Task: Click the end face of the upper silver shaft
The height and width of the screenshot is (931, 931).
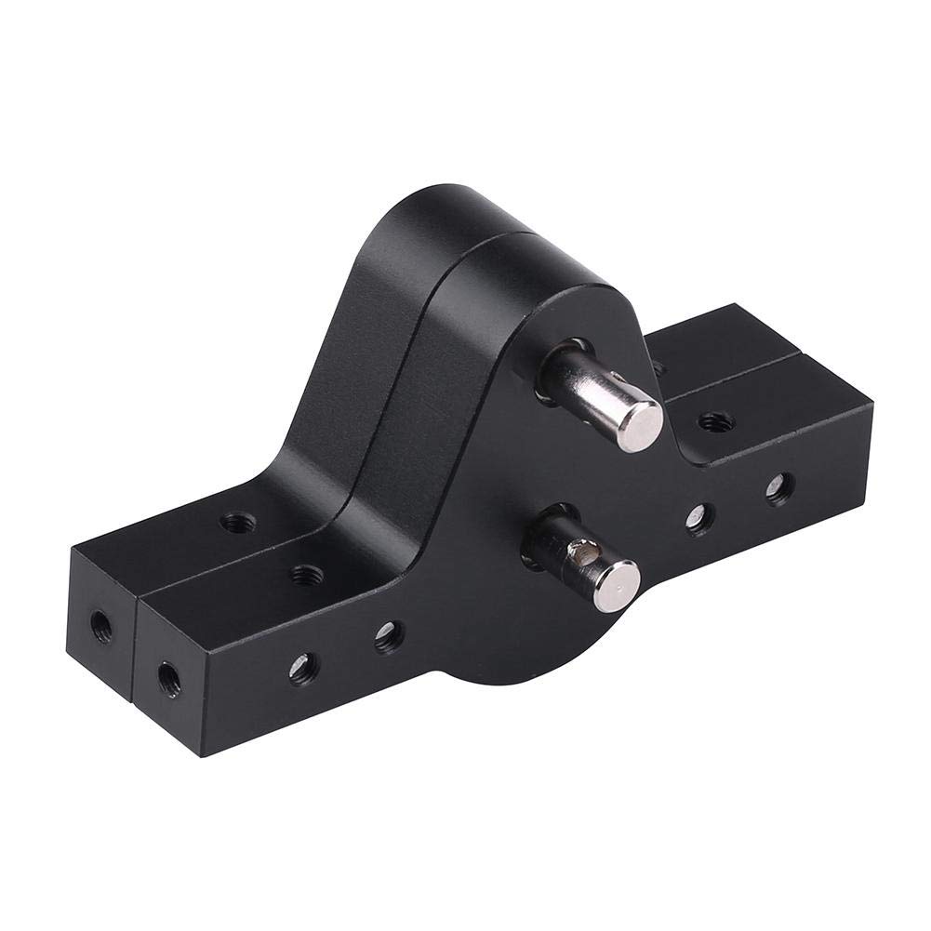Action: [640, 425]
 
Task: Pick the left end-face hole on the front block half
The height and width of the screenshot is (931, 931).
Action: [167, 673]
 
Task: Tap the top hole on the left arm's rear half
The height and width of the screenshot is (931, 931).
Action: [235, 522]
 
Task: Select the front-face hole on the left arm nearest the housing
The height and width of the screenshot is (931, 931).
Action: [388, 636]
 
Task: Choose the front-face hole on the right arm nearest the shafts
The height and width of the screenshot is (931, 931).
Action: [699, 518]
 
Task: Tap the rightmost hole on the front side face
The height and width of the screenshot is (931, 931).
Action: [779, 487]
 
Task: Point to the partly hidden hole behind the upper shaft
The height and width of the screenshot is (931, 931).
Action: [658, 368]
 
